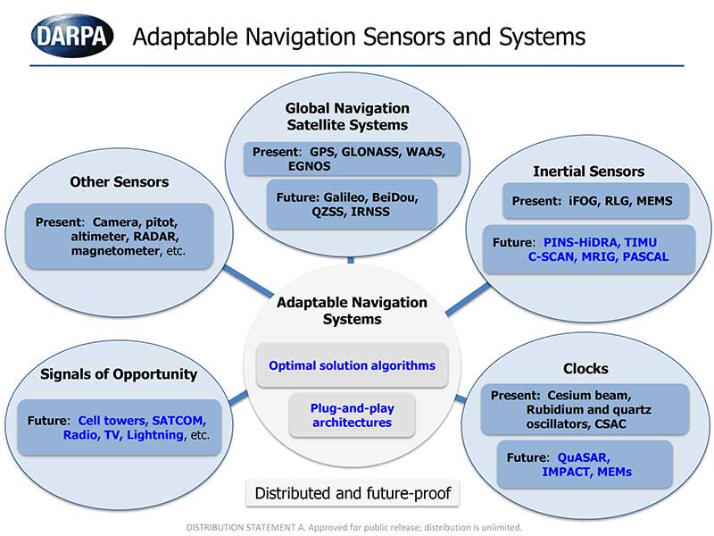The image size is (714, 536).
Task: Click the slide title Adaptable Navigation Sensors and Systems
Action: (359, 37)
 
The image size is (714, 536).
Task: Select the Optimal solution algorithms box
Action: (352, 365)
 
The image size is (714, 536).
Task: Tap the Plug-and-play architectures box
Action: (352, 415)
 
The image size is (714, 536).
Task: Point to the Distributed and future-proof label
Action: (353, 493)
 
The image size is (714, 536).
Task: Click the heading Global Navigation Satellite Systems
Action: (347, 116)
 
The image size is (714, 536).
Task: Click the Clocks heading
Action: (585, 368)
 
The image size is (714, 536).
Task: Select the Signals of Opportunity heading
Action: (119, 373)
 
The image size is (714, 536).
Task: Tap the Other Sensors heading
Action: (119, 182)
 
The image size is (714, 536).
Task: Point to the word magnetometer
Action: (113, 252)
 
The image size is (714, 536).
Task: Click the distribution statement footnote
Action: (353, 527)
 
